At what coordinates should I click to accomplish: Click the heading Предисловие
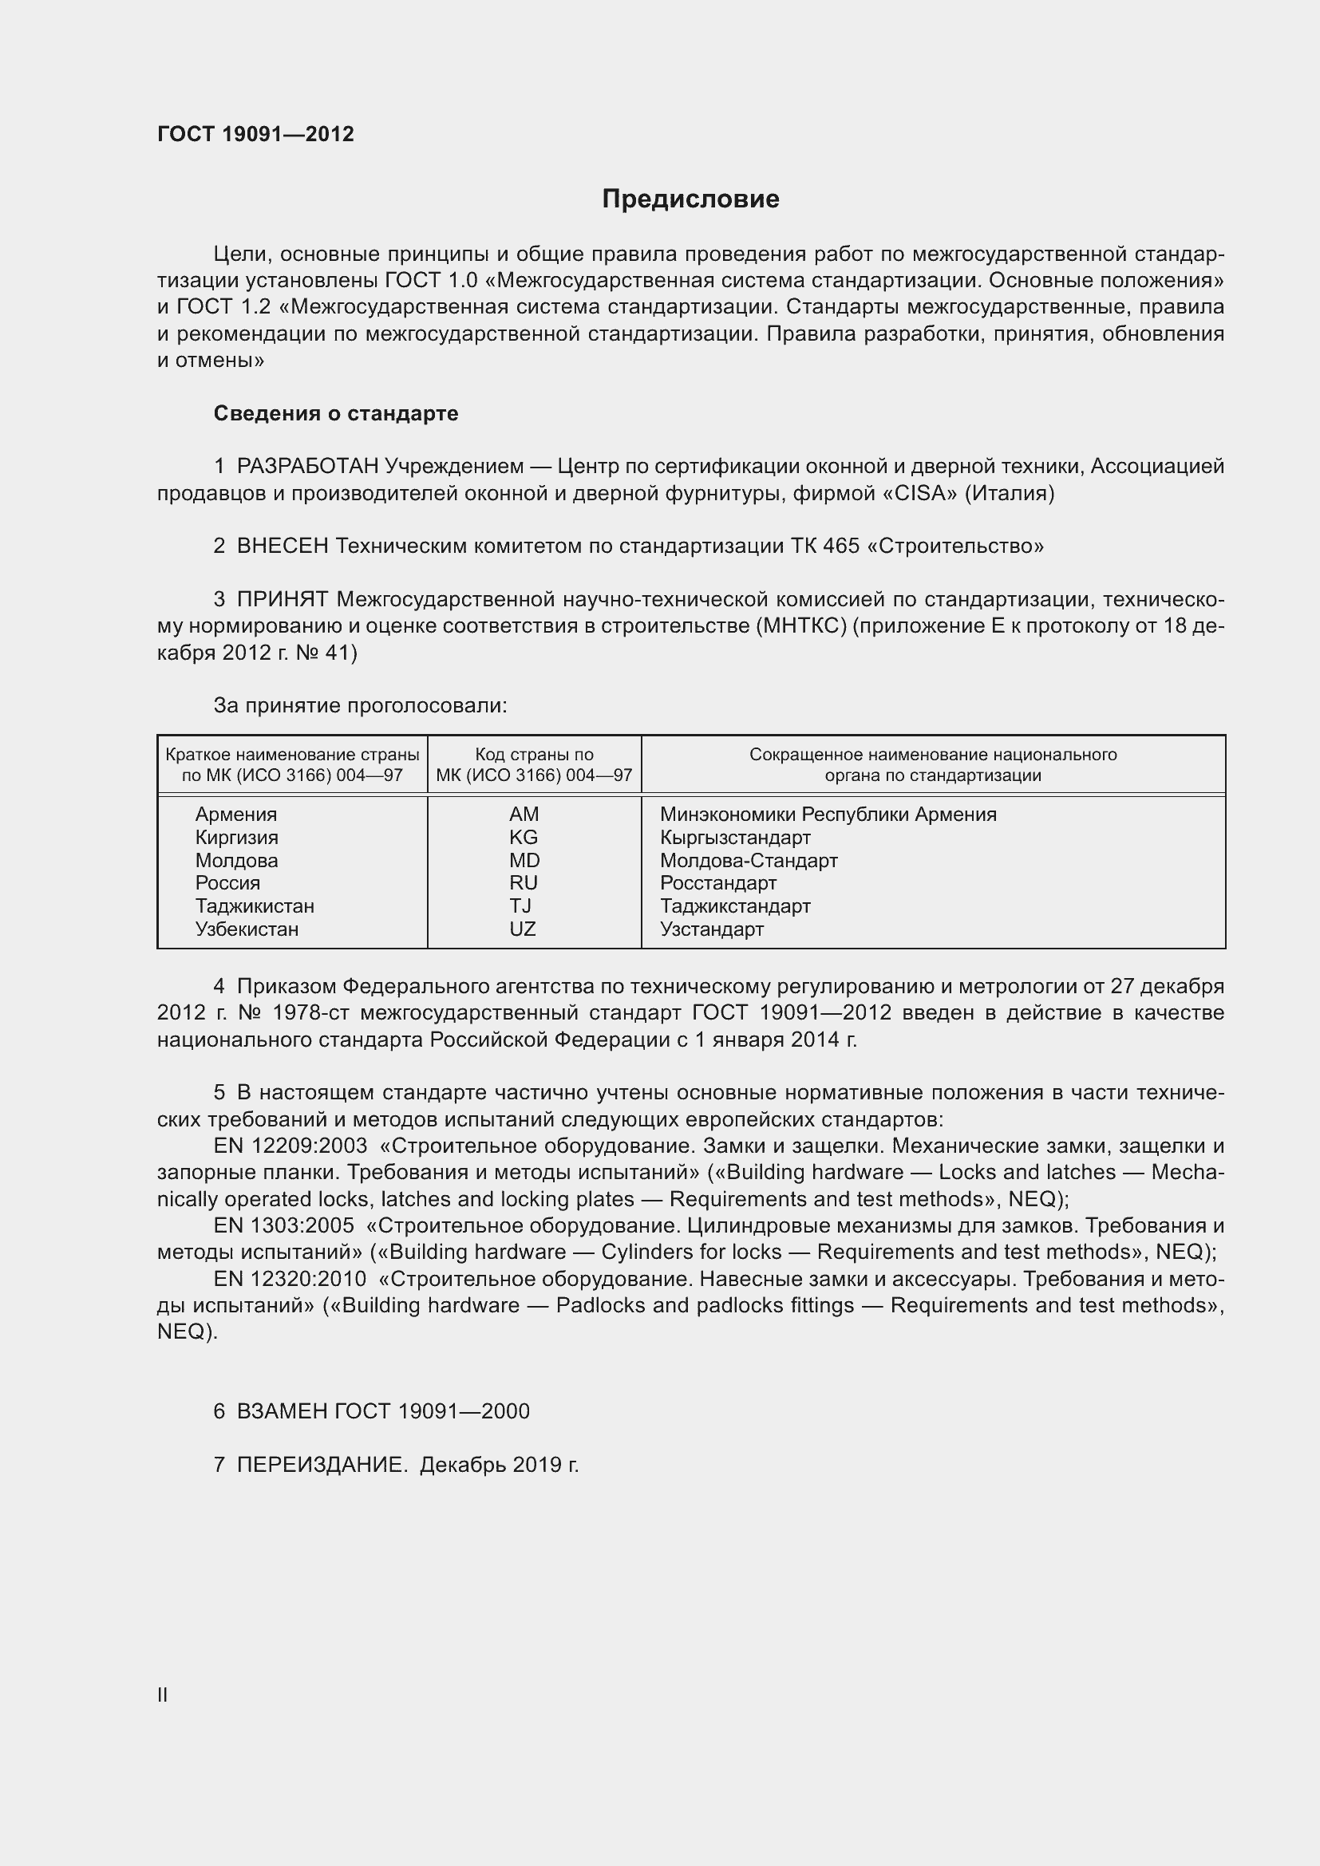(690, 199)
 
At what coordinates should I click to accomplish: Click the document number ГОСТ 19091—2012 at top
(255, 134)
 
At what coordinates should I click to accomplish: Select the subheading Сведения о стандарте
(336, 414)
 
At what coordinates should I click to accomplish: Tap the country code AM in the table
(524, 815)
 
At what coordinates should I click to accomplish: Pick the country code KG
(524, 837)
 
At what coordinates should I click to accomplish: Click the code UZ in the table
(523, 929)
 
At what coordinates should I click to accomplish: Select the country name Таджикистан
(255, 906)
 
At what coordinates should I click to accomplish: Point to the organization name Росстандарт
(717, 882)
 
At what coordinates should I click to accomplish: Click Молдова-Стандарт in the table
(748, 860)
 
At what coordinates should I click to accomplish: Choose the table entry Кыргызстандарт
(735, 837)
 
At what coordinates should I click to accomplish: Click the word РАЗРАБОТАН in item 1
(308, 467)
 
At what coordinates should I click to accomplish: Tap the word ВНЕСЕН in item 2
(282, 546)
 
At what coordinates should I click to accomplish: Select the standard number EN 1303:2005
(283, 1226)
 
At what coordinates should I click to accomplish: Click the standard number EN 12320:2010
(290, 1279)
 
